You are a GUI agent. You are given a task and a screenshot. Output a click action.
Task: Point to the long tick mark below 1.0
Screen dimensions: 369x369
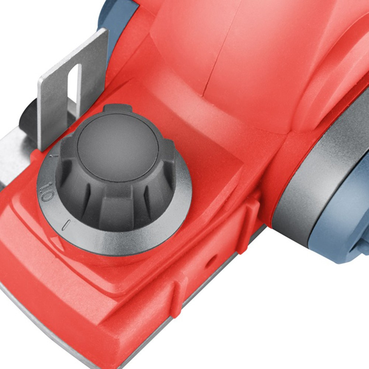[x=66, y=224]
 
